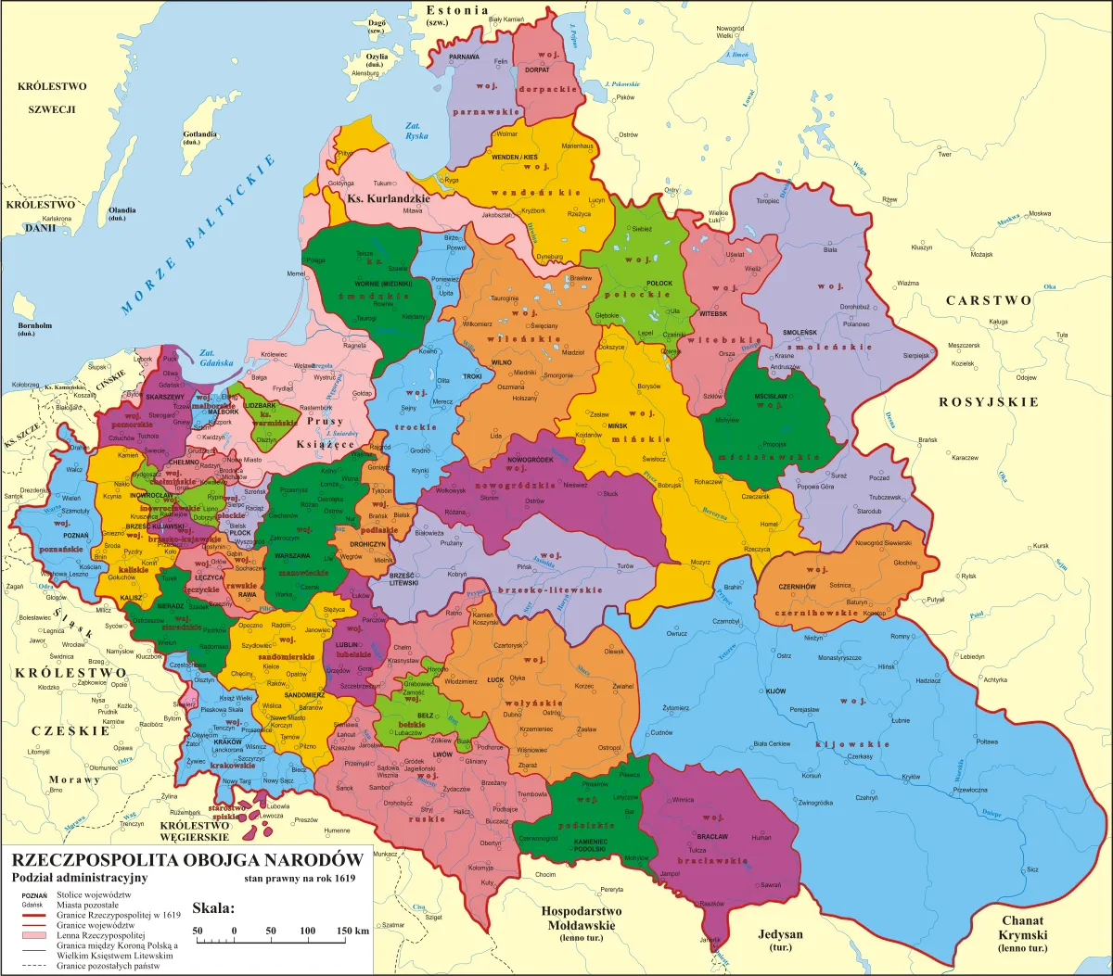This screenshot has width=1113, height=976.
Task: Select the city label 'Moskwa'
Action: pos(1039,214)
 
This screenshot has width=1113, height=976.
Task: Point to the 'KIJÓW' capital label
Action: pos(775,691)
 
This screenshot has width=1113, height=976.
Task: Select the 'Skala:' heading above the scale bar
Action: pos(213,906)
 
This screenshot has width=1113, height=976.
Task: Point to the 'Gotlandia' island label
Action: pos(200,134)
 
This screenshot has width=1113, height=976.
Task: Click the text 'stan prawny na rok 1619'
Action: pos(300,877)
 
